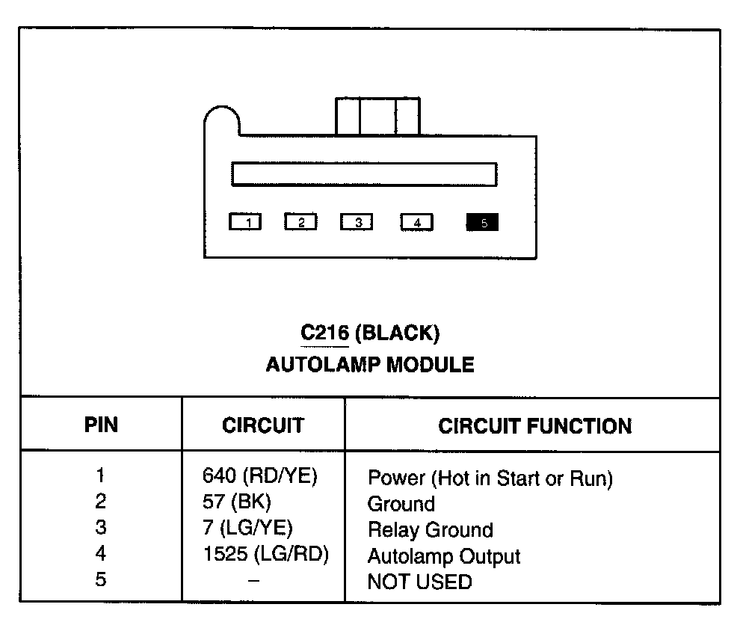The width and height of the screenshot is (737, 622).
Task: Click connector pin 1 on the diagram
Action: coord(245,223)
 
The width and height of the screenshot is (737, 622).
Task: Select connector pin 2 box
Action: coord(300,223)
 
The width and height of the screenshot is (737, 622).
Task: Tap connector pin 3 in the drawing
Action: coord(357,223)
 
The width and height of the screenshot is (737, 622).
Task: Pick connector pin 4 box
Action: coord(416,223)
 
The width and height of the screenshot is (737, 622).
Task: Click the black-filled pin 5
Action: coord(482,222)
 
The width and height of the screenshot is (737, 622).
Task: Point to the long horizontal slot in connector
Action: coord(364,173)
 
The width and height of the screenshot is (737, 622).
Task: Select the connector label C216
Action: coord(325,332)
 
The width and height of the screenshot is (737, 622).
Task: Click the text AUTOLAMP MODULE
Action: coord(369,365)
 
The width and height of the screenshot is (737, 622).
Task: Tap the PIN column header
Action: coord(101,426)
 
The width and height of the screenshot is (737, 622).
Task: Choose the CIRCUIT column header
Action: coord(263,426)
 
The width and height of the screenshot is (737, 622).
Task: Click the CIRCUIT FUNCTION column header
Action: coord(534,427)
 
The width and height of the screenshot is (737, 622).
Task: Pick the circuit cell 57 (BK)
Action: coord(237,502)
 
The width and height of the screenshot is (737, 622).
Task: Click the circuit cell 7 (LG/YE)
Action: coord(247,529)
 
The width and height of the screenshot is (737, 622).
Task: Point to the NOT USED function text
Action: coord(419,582)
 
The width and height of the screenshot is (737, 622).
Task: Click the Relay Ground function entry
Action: coord(430,530)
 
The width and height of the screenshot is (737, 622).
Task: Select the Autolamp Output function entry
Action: coord(444,556)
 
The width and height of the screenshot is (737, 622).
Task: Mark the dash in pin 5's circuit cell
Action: coord(254,581)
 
